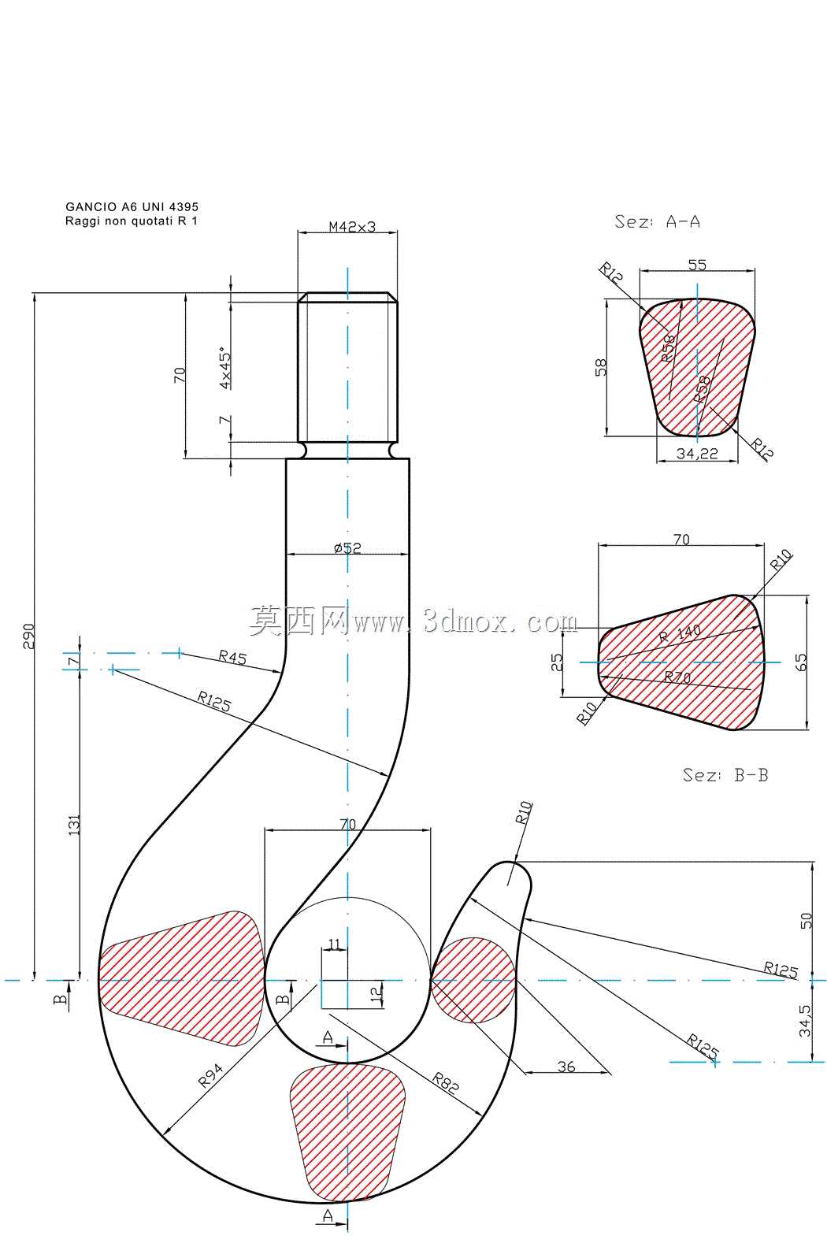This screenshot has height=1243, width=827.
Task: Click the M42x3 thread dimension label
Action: pyautogui.click(x=352, y=226)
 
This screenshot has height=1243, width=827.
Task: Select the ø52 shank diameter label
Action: pyautogui.click(x=347, y=547)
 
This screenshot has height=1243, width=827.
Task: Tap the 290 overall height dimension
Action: pyautogui.click(x=28, y=636)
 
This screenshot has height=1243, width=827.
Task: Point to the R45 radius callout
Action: pyautogui.click(x=232, y=657)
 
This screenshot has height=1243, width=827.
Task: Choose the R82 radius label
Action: pyautogui.click(x=446, y=1082)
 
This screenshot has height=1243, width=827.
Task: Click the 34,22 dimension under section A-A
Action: pyautogui.click(x=697, y=454)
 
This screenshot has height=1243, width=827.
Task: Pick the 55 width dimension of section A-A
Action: pyautogui.click(x=697, y=265)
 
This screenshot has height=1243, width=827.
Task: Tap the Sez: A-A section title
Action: pyautogui.click(x=657, y=221)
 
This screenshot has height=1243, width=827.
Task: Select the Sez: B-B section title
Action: pyautogui.click(x=725, y=774)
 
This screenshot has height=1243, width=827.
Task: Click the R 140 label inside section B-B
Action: pyautogui.click(x=680, y=633)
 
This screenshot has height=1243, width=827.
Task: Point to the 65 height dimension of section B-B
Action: pyautogui.click(x=801, y=662)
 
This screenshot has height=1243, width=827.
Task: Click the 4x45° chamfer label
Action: pyautogui.click(x=225, y=369)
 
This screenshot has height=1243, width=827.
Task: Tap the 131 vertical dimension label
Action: pyautogui.click(x=74, y=826)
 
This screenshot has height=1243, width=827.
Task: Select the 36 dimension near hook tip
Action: pyautogui.click(x=566, y=1067)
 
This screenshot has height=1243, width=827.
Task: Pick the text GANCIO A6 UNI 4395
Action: pyautogui.click(x=132, y=206)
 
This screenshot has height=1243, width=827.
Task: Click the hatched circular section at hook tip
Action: pyautogui.click(x=473, y=980)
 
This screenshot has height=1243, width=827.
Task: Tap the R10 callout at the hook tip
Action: pyautogui.click(x=524, y=812)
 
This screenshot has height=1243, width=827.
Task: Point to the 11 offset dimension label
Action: pyautogui.click(x=334, y=944)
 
